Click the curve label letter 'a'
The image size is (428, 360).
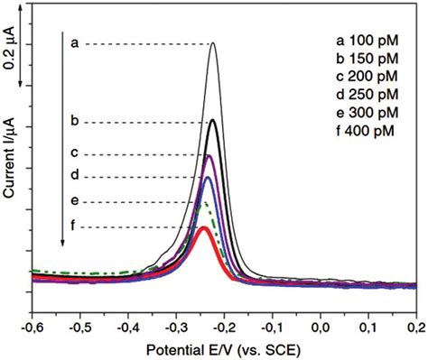pyautogui.click(x=74, y=42)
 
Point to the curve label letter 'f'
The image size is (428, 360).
pyautogui.click(x=74, y=226)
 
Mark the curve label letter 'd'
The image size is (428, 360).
pyautogui.click(x=74, y=174)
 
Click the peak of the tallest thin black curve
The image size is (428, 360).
pyautogui.click(x=213, y=43)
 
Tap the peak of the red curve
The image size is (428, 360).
pyautogui.click(x=204, y=228)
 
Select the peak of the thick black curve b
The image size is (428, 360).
pyautogui.click(x=212, y=121)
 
